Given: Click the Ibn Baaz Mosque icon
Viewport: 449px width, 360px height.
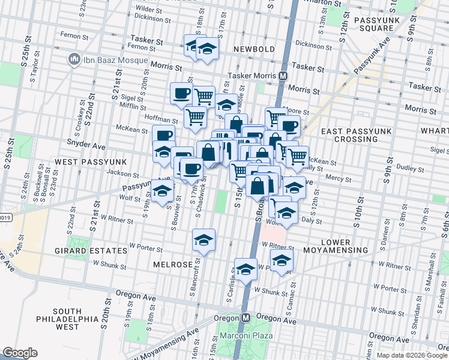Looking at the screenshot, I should (74, 60).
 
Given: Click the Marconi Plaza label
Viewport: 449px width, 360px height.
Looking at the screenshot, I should (242, 335).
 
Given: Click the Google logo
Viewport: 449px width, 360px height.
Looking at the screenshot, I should (20, 352).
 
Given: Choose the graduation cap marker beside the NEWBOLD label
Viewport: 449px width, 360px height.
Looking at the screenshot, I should (208, 49).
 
